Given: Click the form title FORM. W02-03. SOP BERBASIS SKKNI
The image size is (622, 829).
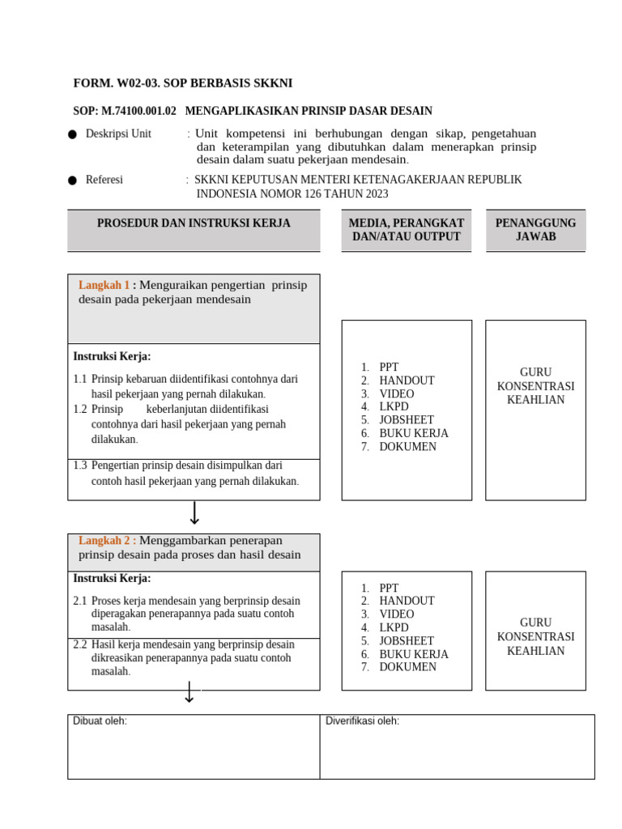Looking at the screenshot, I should pyautogui.click(x=183, y=83).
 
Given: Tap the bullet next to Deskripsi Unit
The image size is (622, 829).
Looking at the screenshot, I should pyautogui.click(x=73, y=134).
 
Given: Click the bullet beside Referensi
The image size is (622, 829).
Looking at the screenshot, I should pyautogui.click(x=73, y=181).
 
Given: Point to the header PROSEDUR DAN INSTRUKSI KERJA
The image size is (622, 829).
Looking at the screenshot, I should pyautogui.click(x=194, y=223).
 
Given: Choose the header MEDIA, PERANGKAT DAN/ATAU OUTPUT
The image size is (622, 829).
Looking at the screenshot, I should pyautogui.click(x=406, y=230).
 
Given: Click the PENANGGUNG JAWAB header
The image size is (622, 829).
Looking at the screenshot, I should pyautogui.click(x=535, y=230).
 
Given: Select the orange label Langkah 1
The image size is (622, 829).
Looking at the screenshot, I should pyautogui.click(x=104, y=285).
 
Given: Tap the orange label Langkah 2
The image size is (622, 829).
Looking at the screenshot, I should pyautogui.click(x=104, y=541).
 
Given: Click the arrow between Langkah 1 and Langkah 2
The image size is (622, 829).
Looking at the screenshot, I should pyautogui.click(x=194, y=512).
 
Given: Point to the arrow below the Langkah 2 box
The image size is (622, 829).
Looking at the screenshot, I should pyautogui.click(x=189, y=692).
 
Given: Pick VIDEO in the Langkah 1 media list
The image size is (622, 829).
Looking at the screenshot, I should pyautogui.click(x=396, y=393).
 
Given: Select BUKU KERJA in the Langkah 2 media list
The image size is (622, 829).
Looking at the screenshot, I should pyautogui.click(x=413, y=654).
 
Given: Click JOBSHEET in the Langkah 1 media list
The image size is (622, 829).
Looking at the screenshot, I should pyautogui.click(x=406, y=420).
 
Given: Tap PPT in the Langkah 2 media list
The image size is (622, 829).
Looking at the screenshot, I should pyautogui.click(x=389, y=588).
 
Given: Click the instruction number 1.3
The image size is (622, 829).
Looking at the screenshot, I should pyautogui.click(x=80, y=466).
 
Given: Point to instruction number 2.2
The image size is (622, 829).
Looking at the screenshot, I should pyautogui.click(x=80, y=644).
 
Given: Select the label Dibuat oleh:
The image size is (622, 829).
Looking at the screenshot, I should pyautogui.click(x=100, y=721).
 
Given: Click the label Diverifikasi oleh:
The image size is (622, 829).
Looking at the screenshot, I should pyautogui.click(x=362, y=721).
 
